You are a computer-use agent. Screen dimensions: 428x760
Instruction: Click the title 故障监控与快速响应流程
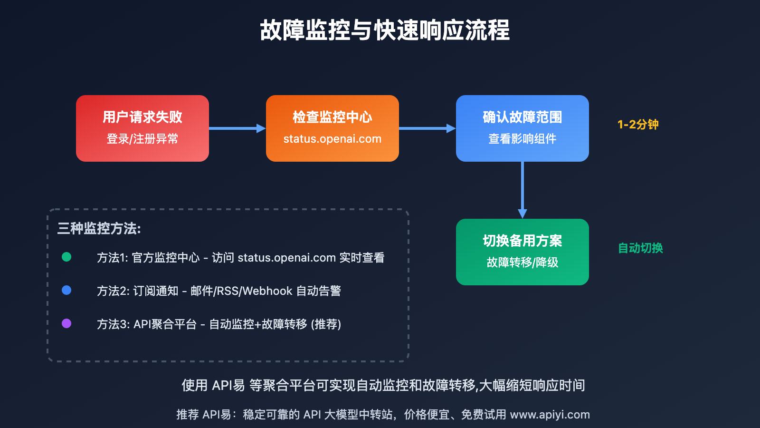pyautogui.click(x=385, y=30)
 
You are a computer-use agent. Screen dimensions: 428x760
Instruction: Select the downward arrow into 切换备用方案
pyautogui.click(x=522, y=190)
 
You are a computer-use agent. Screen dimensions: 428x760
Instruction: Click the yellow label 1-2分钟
pyautogui.click(x=638, y=125)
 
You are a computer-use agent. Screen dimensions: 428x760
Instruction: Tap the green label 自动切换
pyautogui.click(x=640, y=248)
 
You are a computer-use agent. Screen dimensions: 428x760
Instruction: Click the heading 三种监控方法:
pyautogui.click(x=99, y=229)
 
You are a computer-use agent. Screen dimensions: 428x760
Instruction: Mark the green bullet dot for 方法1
pyautogui.click(x=66, y=257)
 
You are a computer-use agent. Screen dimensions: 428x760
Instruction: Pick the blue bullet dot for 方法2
pyautogui.click(x=66, y=290)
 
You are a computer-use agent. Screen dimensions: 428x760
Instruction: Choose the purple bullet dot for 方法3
pyautogui.click(x=66, y=323)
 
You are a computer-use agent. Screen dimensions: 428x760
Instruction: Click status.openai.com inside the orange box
pyautogui.click(x=332, y=139)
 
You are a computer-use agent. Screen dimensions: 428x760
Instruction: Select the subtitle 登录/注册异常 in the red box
pyautogui.click(x=142, y=139)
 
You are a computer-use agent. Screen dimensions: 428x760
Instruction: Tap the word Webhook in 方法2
pyautogui.click(x=267, y=291)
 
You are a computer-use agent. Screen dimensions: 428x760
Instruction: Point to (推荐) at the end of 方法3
pyautogui.click(x=326, y=324)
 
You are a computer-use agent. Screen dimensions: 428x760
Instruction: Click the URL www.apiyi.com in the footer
pyautogui.click(x=550, y=415)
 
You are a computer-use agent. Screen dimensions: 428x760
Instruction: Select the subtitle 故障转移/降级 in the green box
pyautogui.click(x=522, y=263)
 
